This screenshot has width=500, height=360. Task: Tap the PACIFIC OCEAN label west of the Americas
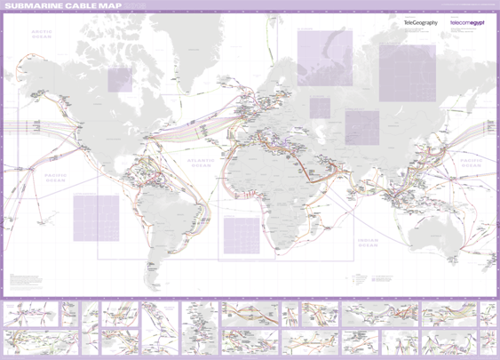pos(57,177)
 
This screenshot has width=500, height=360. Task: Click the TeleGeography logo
pos(421,21)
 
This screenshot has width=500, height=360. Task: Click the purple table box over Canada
pos(120,79)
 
